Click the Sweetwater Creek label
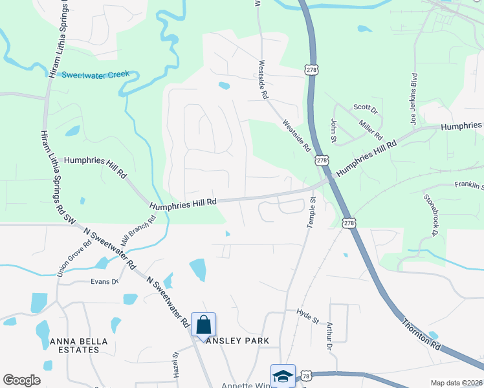pyautogui.click(x=96, y=74)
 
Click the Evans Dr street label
pyautogui.click(x=105, y=281)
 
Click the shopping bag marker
pyautogui.click(x=203, y=325)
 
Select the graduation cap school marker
pyautogui.click(x=282, y=376)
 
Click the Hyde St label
pyautogui.click(x=308, y=316)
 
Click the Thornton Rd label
pyautogui.click(x=421, y=334)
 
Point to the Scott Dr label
pyautogui.click(x=365, y=109)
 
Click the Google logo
pyautogui.click(x=21, y=380)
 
